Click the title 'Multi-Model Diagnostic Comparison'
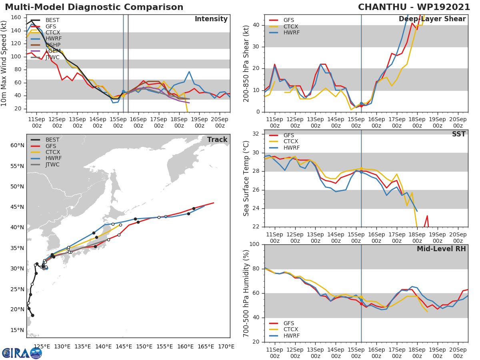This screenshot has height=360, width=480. pyautogui.click(x=94, y=7)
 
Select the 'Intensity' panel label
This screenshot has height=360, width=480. pyautogui.click(x=211, y=19)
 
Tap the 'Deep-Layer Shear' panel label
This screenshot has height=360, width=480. pyautogui.click(x=432, y=19)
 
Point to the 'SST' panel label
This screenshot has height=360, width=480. pyautogui.click(x=458, y=134)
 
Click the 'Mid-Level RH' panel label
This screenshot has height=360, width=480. pyautogui.click(x=441, y=249)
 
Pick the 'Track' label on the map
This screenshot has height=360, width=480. pyautogui.click(x=217, y=140)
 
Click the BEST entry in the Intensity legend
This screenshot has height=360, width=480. pyautogui.click(x=52, y=20)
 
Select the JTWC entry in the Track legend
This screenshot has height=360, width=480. pyautogui.click(x=52, y=164)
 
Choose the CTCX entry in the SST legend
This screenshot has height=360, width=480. pyautogui.click(x=290, y=141)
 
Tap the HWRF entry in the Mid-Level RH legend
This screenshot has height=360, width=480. pyautogui.click(x=291, y=336)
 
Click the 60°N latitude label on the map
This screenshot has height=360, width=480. pyautogui.click(x=18, y=145)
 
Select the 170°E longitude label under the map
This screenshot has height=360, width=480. pyautogui.click(x=226, y=346)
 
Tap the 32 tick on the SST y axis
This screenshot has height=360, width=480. pyautogui.click(x=256, y=134)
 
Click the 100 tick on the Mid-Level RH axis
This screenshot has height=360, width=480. pyautogui.click(x=254, y=244)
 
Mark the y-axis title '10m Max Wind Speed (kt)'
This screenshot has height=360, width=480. pyautogui.click(x=4, y=64)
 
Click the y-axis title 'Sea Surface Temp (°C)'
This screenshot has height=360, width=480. pyautogui.click(x=247, y=178)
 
